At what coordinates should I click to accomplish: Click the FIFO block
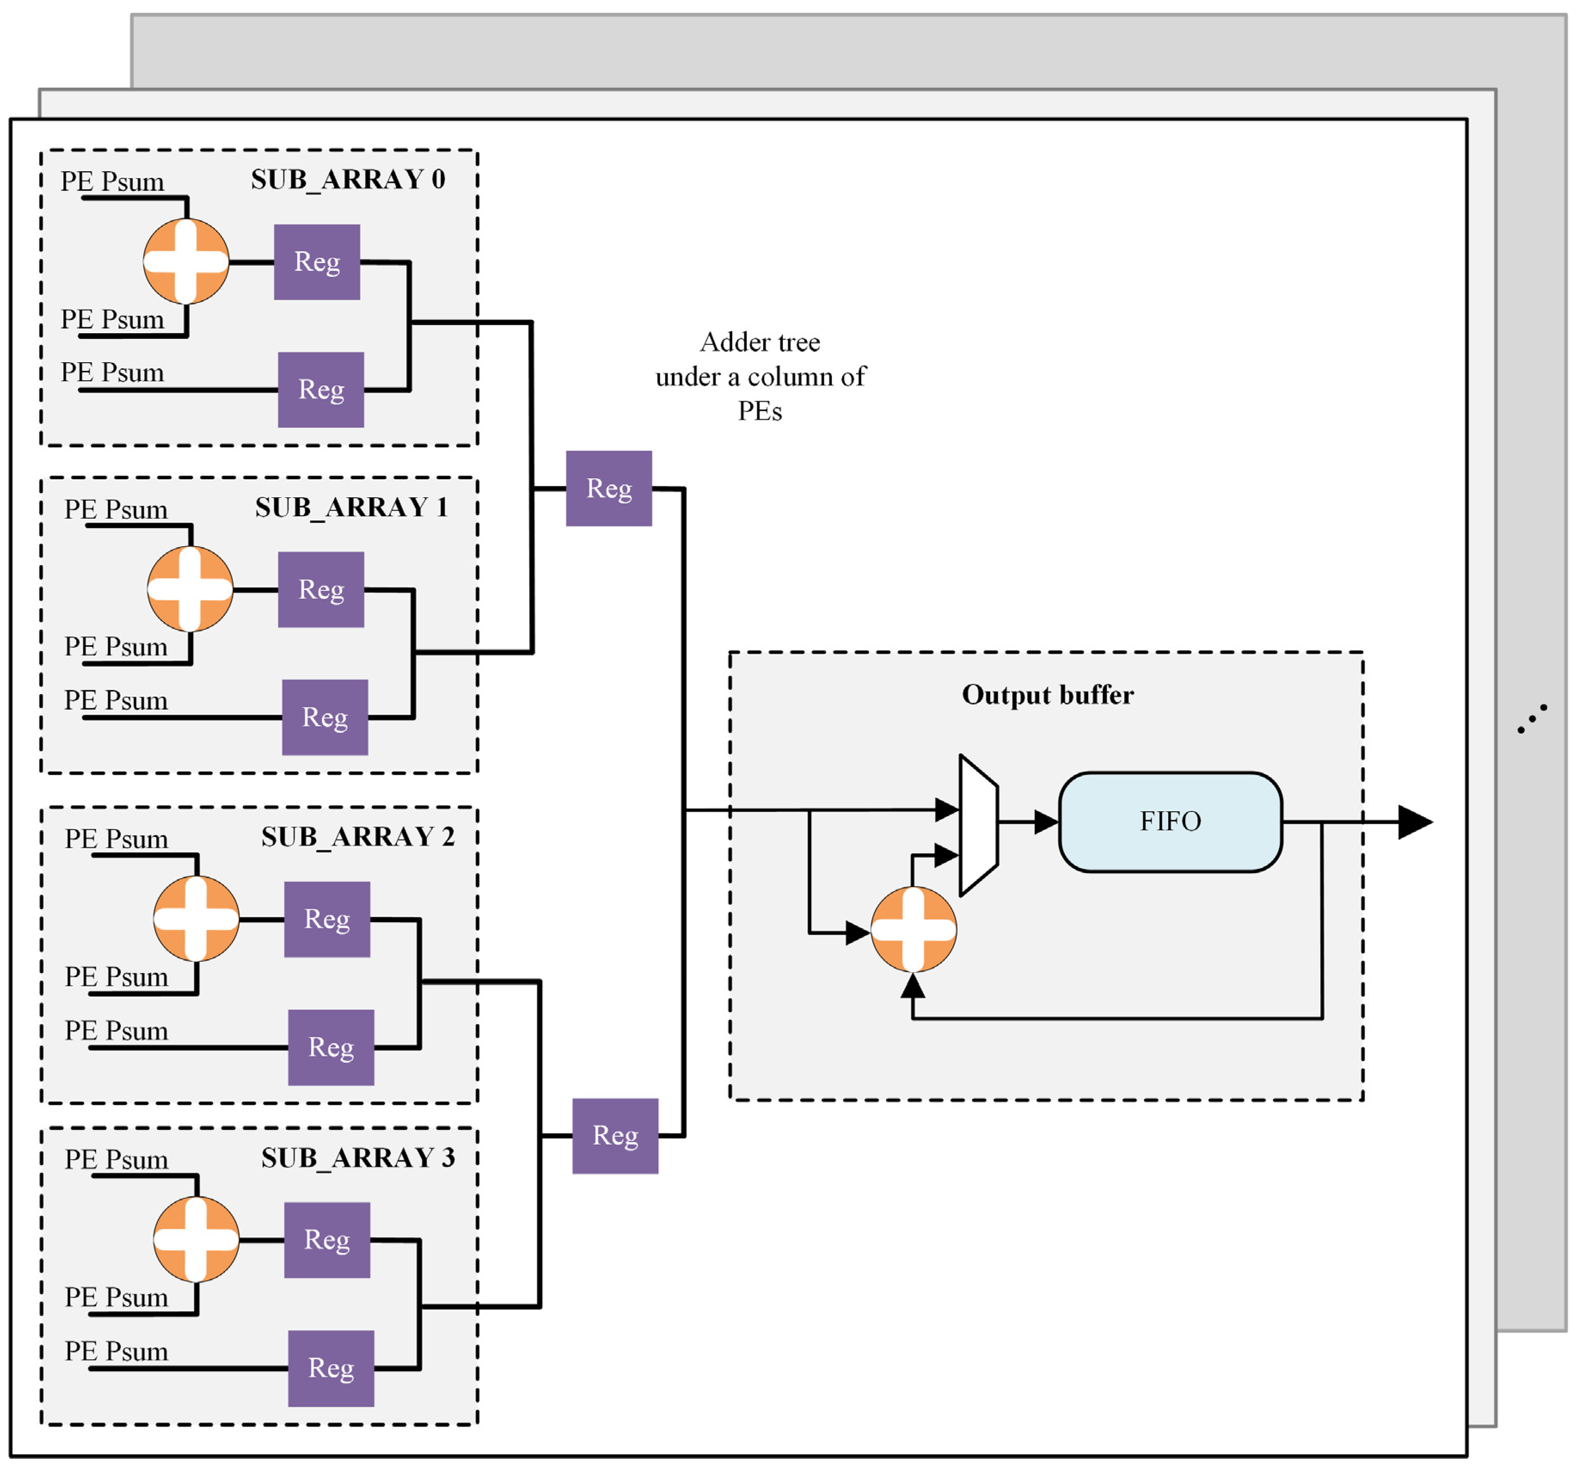(1170, 821)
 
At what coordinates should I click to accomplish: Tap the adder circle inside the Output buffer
(913, 929)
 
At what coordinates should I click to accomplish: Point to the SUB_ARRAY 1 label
(352, 507)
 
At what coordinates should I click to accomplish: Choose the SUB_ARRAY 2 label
(358, 837)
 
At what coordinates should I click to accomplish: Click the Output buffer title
(1047, 695)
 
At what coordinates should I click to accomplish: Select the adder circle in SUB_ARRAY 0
(186, 261)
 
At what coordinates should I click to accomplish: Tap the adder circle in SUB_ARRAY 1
(190, 589)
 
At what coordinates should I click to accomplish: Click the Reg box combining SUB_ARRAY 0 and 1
(608, 488)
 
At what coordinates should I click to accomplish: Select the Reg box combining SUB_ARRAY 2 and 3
(615, 1135)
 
